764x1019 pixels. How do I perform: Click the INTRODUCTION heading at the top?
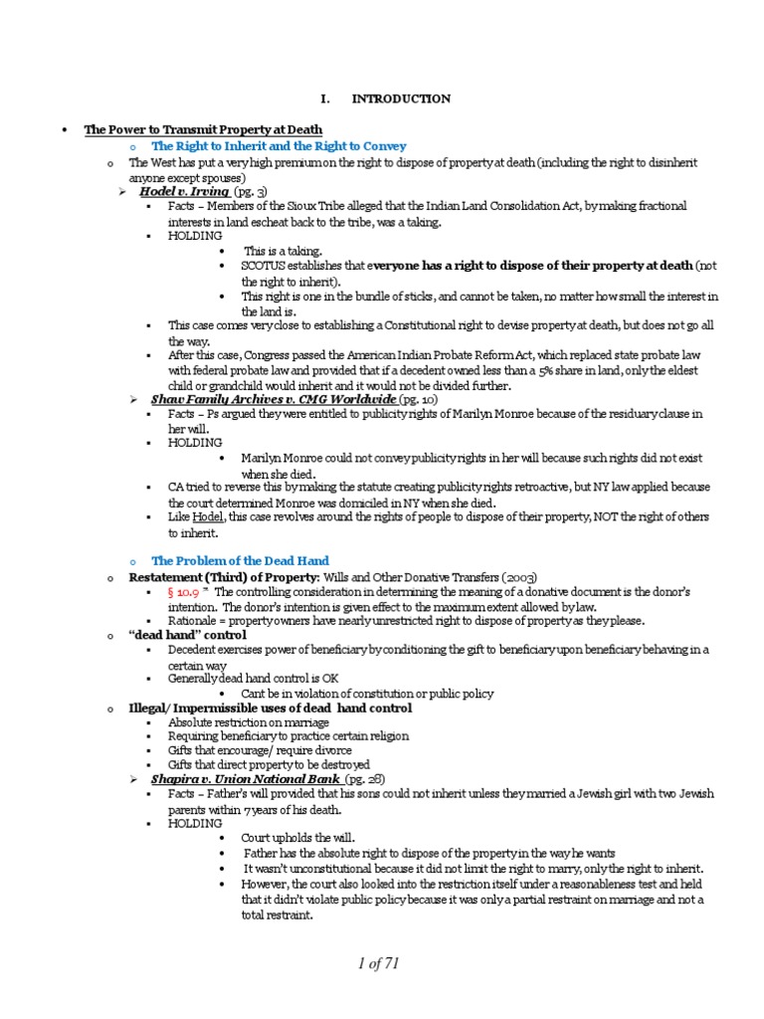point(400,99)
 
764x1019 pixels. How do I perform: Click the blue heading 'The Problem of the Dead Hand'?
point(240,561)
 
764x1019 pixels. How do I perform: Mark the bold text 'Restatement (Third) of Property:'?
point(209,577)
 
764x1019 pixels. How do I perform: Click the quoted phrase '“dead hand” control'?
point(187,634)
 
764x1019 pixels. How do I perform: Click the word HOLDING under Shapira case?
point(195,824)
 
